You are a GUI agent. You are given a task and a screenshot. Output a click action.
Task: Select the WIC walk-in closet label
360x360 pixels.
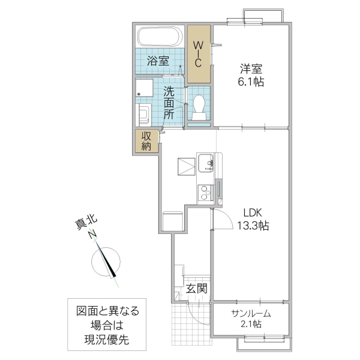pyautogui.click(x=199, y=53)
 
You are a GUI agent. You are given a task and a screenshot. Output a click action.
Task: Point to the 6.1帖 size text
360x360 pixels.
pyautogui.click(x=251, y=81)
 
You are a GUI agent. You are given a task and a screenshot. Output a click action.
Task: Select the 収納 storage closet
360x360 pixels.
pyautogui.click(x=146, y=140)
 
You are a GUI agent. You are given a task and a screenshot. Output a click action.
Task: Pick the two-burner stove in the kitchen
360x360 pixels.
pyautogui.click(x=205, y=193)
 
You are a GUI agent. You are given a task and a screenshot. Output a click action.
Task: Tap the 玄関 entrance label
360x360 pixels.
pyautogui.click(x=196, y=289)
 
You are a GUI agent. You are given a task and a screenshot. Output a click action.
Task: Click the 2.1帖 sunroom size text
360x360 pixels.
pyautogui.click(x=251, y=325)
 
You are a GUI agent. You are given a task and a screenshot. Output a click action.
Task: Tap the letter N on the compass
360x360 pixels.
pyautogui.click(x=93, y=235)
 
